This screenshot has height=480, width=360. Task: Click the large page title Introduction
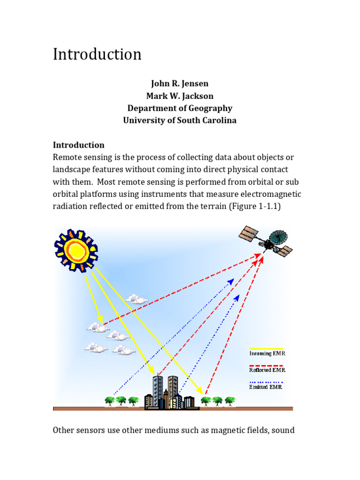[x=97, y=54]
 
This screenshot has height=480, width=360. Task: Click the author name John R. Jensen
[x=180, y=84]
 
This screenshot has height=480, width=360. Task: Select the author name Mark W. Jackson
[x=180, y=96]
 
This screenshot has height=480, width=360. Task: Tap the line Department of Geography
[x=180, y=108]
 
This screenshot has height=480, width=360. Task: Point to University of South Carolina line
[x=180, y=120]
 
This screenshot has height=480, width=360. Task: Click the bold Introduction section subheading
[x=78, y=145]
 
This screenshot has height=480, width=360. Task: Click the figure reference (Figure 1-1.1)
[x=255, y=206]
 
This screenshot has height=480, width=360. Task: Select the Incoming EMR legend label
[x=267, y=353]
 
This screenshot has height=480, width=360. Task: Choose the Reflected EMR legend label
[x=267, y=370]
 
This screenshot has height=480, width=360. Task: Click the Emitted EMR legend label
[x=265, y=387]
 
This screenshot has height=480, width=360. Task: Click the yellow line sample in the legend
[x=266, y=348]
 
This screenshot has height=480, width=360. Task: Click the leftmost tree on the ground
[x=110, y=401]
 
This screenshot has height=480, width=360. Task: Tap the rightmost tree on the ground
[x=230, y=401]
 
